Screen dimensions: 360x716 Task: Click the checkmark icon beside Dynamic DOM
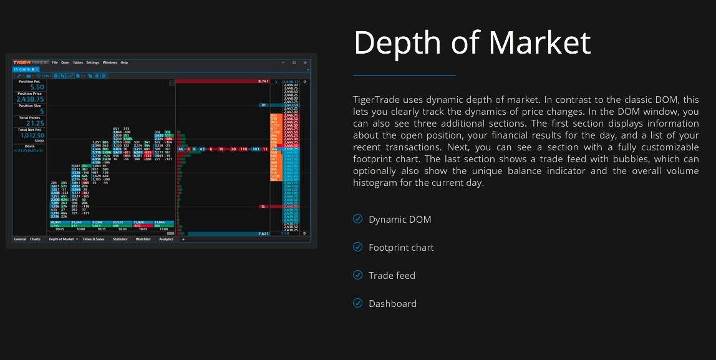point(357,219)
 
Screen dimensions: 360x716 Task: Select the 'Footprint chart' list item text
point(400,248)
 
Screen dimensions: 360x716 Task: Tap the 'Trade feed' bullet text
point(392,276)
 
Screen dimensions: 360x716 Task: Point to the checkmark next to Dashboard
point(357,303)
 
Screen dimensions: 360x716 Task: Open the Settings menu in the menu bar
point(92,62)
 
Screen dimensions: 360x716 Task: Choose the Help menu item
point(124,62)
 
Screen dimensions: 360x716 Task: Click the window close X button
point(306,62)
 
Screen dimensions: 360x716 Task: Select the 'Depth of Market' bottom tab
point(60,239)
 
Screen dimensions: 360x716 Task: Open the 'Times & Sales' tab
point(94,239)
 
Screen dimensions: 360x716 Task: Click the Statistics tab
point(120,239)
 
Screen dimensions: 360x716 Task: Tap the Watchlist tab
point(143,239)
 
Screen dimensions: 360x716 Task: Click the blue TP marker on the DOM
point(263,105)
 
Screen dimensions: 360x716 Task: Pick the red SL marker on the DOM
point(263,206)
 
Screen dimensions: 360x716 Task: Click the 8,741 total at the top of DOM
point(263,81)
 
